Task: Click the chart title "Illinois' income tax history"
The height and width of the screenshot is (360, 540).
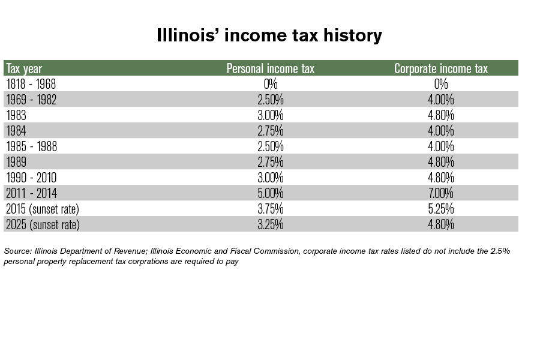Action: [269, 35]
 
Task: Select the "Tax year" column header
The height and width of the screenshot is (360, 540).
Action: [24, 68]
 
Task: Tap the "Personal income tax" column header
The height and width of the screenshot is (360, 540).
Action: [270, 68]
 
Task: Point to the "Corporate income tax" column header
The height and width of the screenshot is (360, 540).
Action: [440, 68]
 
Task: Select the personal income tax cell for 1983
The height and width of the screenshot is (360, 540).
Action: [270, 115]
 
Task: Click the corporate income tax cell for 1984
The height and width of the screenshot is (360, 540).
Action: [440, 131]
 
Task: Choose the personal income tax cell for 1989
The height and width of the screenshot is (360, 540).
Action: [270, 162]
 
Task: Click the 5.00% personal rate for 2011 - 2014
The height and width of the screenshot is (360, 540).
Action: [270, 193]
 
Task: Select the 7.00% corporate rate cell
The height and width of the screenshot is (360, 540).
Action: [440, 193]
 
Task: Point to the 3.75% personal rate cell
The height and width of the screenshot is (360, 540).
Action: [270, 209]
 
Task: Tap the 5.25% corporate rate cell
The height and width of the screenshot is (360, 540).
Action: [440, 209]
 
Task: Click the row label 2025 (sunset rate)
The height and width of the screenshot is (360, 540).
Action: [42, 224]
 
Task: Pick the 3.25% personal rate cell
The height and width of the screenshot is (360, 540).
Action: [270, 224]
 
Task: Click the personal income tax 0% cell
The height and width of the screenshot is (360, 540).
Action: [270, 84]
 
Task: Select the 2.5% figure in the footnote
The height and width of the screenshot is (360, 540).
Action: [499, 251]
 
